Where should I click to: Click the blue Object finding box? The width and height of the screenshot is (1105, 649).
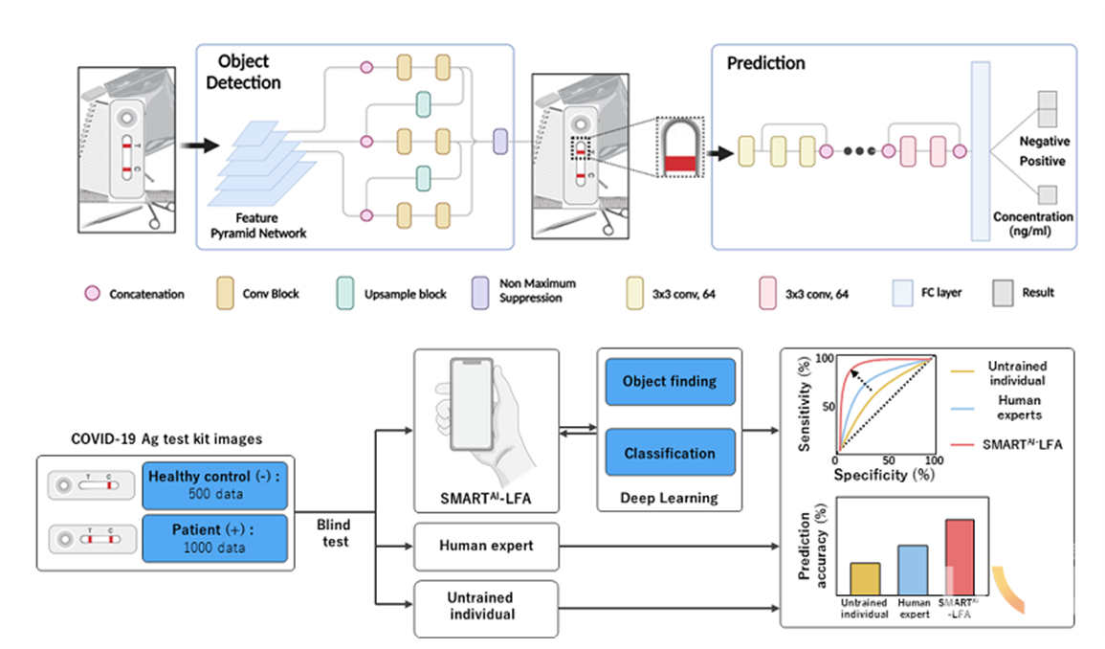[x=669, y=381]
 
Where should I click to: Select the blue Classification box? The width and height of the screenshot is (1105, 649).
[x=669, y=453]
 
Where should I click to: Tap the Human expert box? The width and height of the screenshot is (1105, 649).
[x=485, y=547]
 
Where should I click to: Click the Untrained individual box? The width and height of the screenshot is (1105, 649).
[x=485, y=608]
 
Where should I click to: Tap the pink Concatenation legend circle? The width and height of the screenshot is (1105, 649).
[x=93, y=294]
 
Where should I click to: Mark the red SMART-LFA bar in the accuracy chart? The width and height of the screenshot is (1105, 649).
[x=960, y=556]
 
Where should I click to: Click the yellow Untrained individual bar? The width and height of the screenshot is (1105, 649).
[x=864, y=578]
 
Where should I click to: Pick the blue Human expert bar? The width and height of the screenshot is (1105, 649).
[x=912, y=570]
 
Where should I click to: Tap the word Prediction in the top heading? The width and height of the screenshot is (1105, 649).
[x=765, y=64]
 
